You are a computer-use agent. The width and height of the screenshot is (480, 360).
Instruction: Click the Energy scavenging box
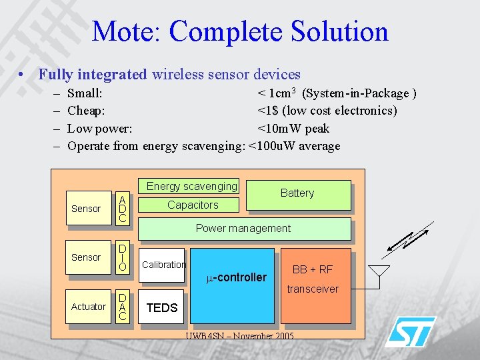(191, 187)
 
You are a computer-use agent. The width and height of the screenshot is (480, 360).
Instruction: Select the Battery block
(297, 194)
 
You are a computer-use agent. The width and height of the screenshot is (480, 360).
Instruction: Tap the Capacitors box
(192, 205)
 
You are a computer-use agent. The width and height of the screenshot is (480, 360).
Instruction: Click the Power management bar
(243, 228)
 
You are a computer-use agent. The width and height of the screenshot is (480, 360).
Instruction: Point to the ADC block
(122, 208)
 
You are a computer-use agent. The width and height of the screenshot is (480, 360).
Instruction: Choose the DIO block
(122, 257)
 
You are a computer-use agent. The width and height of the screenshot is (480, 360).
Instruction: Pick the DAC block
(122, 307)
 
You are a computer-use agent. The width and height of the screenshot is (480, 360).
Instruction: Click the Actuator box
(88, 307)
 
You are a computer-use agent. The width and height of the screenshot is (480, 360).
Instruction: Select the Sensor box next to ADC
(86, 209)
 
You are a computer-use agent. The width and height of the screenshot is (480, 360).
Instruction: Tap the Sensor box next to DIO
(86, 257)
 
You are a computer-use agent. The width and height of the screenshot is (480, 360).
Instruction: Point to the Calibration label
(164, 265)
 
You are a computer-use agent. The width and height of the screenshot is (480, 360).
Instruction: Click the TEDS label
(162, 307)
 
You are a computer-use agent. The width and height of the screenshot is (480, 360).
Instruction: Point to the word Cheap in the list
(86, 111)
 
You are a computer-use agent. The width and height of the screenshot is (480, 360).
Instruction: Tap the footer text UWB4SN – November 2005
(239, 335)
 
